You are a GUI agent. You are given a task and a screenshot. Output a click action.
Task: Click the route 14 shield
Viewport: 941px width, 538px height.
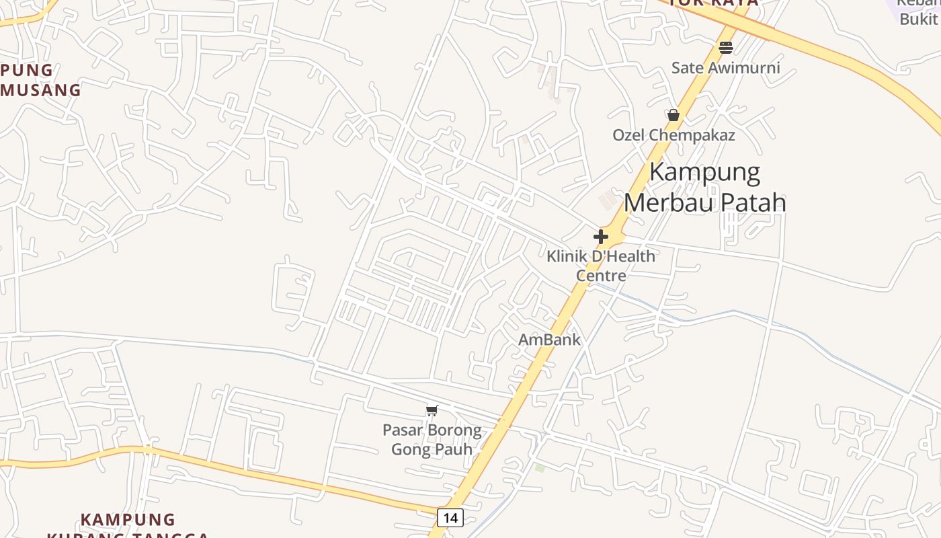coord(450,517)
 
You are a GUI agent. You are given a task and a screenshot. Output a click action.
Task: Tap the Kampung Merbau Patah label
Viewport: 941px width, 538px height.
coord(705,188)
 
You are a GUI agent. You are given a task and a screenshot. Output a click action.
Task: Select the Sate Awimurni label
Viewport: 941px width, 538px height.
coord(726,67)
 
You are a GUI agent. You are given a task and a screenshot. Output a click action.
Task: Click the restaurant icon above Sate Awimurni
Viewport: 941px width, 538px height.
coord(725,47)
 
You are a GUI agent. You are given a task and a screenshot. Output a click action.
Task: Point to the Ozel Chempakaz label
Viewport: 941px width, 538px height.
coord(673,135)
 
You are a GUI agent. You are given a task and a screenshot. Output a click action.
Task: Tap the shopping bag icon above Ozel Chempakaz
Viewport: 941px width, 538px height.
coord(673,115)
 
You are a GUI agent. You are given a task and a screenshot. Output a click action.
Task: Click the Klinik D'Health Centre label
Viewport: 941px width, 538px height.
coord(600,266)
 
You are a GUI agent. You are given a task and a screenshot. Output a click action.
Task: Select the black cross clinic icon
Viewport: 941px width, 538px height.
coord(601,237)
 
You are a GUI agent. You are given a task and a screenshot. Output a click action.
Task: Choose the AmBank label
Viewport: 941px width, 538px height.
coord(549,340)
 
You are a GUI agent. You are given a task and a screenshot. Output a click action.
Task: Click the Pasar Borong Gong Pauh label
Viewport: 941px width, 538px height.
coord(432,439)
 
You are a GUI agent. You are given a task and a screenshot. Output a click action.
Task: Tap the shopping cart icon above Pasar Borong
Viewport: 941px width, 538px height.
coord(432,410)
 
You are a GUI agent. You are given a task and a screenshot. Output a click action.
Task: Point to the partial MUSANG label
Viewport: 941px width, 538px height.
coord(40,89)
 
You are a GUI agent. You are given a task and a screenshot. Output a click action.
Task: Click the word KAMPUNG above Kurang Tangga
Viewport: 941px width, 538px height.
coord(128,520)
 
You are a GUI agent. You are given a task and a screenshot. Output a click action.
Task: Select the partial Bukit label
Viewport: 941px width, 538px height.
coord(919,19)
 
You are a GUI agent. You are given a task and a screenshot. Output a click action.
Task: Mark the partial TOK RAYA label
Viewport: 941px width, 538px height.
coord(714,3)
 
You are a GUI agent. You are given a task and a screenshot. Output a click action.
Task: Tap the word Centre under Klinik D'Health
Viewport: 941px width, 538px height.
coord(600,276)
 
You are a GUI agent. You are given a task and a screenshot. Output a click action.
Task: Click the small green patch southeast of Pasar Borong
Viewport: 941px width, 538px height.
coord(539,467)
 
